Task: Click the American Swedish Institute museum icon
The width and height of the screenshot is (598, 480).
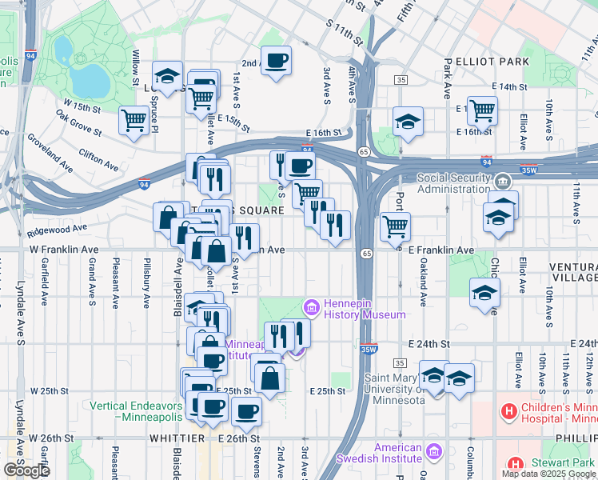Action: [434, 454]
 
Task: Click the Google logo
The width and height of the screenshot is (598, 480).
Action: [26, 470]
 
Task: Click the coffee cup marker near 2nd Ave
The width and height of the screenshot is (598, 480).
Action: [277, 60]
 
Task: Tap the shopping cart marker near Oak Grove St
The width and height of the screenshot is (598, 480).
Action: [134, 120]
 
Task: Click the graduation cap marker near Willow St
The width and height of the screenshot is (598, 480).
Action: [167, 76]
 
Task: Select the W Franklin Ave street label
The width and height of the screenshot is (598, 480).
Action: [65, 250]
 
